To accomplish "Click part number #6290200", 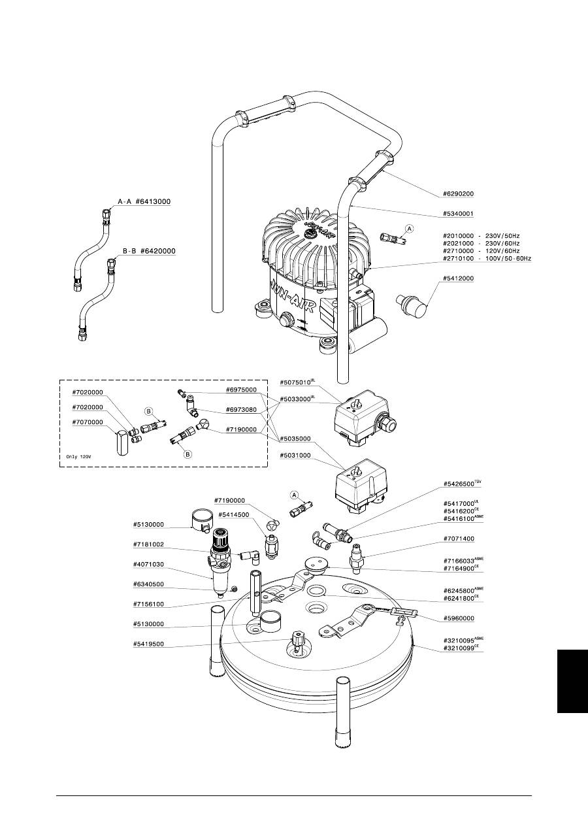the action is pyautogui.click(x=459, y=194).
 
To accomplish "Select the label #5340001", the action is pyautogui.click(x=459, y=214).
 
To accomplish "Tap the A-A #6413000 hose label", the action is pyautogui.click(x=144, y=202).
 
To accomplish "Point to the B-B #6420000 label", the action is pyautogui.click(x=149, y=251).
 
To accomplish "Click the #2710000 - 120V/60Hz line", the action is pyautogui.click(x=481, y=251).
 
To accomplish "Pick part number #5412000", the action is pyautogui.click(x=459, y=278).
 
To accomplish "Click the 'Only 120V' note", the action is pyautogui.click(x=78, y=457).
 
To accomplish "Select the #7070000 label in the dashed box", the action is pyautogui.click(x=88, y=422).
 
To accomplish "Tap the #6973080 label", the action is pyautogui.click(x=241, y=410).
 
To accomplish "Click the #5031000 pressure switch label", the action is pyautogui.click(x=295, y=456).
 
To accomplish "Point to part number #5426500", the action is pyautogui.click(x=459, y=484).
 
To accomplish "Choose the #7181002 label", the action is pyautogui.click(x=148, y=544).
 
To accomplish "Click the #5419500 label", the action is pyautogui.click(x=148, y=644).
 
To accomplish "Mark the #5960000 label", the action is pyautogui.click(x=459, y=618).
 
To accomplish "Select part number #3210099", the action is pyautogui.click(x=459, y=648).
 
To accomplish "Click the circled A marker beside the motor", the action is pyautogui.click(x=409, y=229).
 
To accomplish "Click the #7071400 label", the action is pyautogui.click(x=459, y=539).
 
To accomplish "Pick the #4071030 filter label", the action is pyautogui.click(x=148, y=565).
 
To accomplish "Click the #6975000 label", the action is pyautogui.click(x=241, y=390).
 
